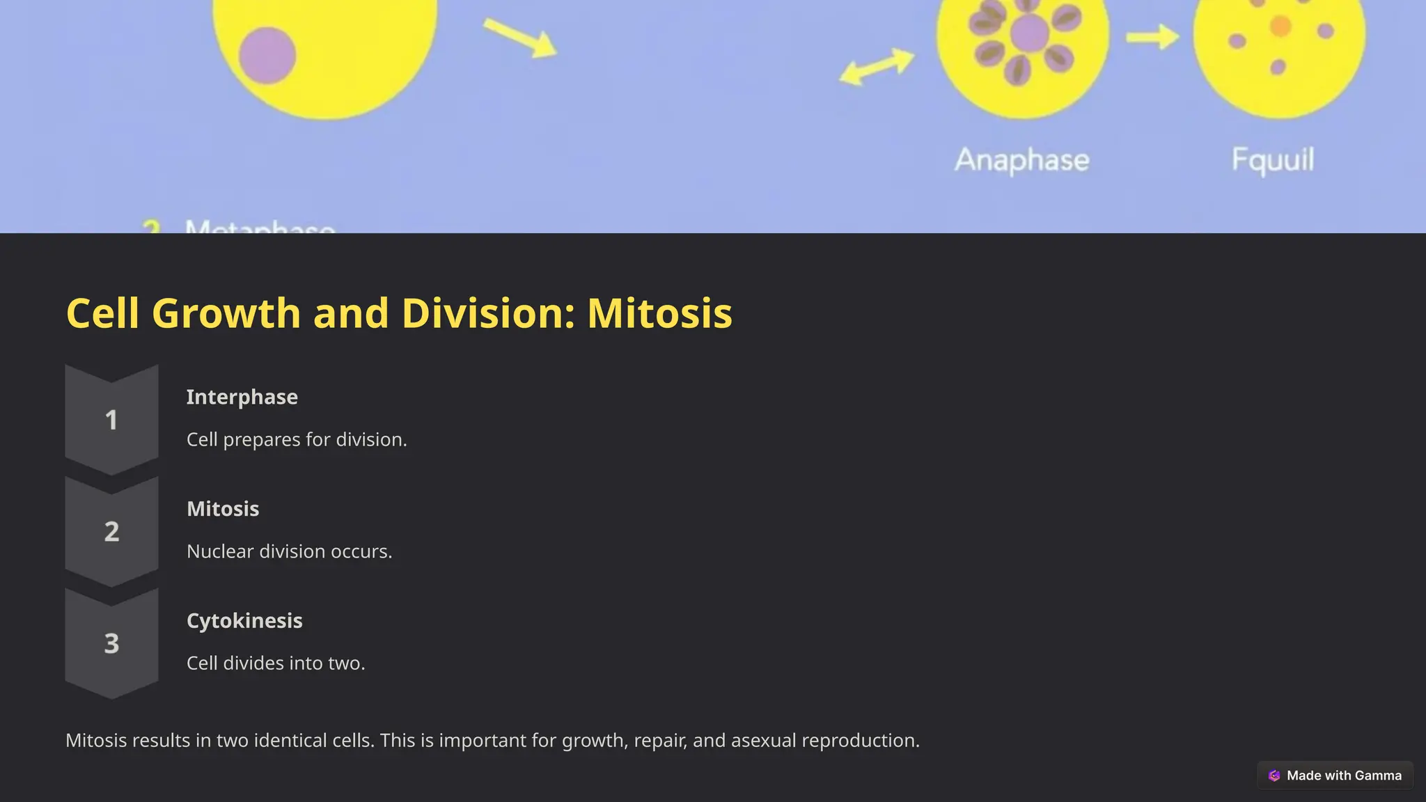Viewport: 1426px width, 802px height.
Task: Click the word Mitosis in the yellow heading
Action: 659,313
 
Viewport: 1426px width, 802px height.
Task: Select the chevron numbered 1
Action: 111,420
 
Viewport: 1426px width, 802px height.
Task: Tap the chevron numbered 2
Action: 111,532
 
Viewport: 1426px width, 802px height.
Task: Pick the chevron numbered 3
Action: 111,643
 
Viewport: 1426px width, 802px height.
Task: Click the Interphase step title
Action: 242,397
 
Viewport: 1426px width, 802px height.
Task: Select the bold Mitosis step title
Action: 223,509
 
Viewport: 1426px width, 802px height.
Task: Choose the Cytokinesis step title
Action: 244,620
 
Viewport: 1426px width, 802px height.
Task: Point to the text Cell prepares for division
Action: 297,440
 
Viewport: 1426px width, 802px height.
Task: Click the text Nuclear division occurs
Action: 289,551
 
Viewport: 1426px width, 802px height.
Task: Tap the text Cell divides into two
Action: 276,663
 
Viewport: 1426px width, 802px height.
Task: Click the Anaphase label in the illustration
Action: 1021,160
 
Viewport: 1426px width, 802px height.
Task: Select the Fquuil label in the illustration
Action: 1272,160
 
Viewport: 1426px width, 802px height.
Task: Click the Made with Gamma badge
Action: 1335,776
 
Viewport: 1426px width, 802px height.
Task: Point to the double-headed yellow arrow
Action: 877,67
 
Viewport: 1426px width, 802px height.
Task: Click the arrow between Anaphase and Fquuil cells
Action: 1152,37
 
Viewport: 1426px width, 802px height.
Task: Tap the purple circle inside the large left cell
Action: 267,55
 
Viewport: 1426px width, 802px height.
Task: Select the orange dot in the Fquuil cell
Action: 1280,26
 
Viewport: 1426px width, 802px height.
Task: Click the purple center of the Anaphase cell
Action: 1029,32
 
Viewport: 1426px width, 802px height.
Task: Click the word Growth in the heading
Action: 226,313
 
